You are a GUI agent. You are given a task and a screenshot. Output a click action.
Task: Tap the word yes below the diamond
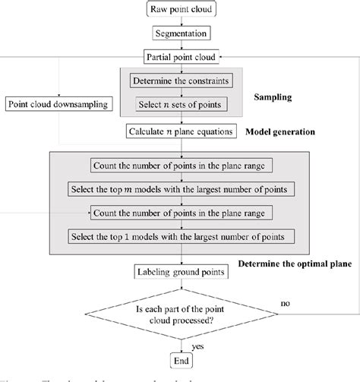[197, 346]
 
